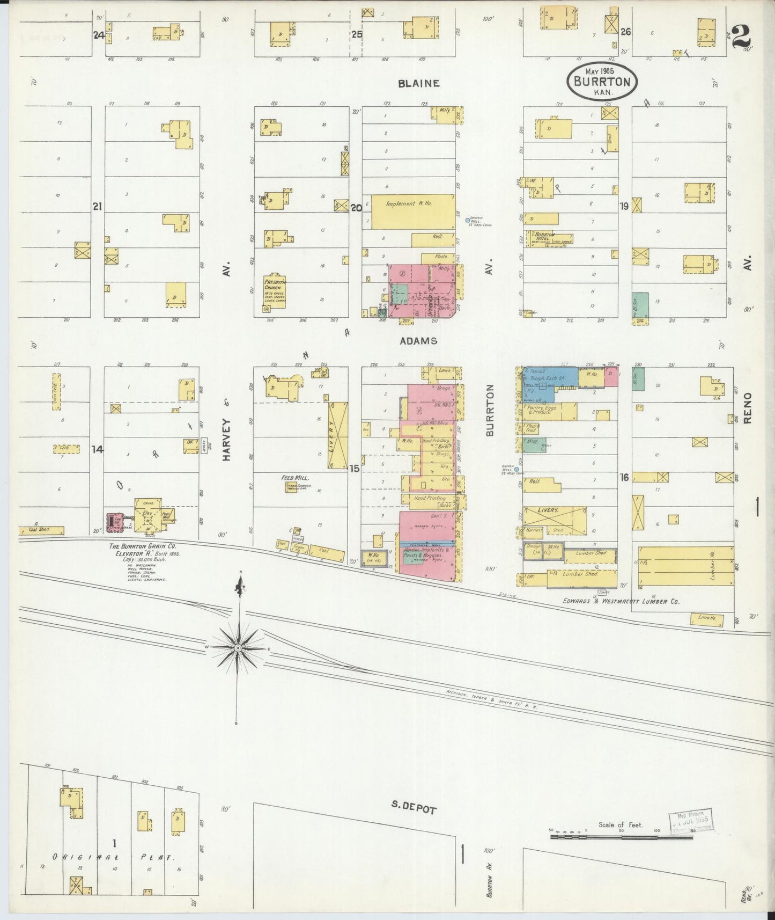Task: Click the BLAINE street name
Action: click(x=419, y=83)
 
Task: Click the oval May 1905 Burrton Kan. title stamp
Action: click(x=602, y=81)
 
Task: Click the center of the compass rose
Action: click(x=238, y=648)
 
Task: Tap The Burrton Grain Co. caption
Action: click(x=142, y=546)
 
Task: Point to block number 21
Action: click(x=97, y=206)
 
